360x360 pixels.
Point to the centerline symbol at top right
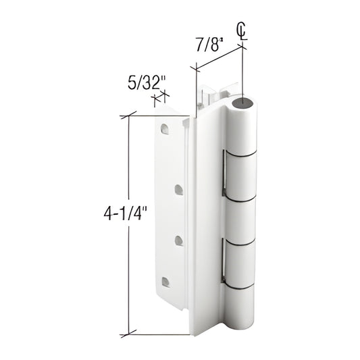[242, 30]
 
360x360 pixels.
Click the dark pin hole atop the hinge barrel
[245, 103]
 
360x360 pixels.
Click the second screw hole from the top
[178, 190]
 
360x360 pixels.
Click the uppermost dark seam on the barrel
[242, 154]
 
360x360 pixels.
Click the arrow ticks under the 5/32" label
[159, 100]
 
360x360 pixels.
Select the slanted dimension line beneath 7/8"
[219, 58]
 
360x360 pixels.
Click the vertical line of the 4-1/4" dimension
[127, 270]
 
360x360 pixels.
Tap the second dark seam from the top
[242, 199]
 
